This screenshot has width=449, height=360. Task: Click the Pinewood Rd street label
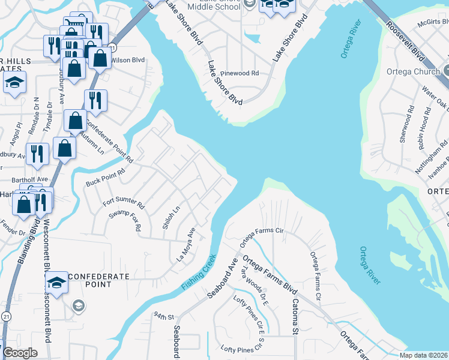pos(238,73)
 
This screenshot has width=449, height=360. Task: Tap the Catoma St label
pos(295,316)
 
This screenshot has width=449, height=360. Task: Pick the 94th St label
pos(163,316)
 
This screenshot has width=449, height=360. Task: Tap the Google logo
pos(20,353)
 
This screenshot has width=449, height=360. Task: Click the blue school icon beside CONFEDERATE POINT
pos(56,282)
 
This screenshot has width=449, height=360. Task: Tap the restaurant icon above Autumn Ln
pos(95,101)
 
